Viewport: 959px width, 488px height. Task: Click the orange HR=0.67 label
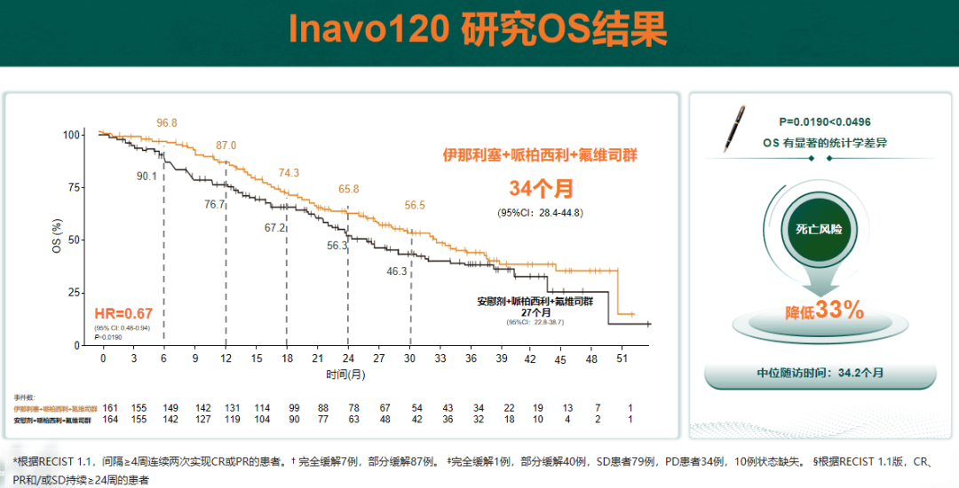124,312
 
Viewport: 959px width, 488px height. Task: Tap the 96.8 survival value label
167,122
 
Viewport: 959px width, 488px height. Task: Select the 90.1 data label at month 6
147,177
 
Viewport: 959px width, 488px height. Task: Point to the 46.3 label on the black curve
397,272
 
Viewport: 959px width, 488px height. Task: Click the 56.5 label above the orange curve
415,205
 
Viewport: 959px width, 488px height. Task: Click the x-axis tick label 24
347,358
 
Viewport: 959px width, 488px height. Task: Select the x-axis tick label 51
622,358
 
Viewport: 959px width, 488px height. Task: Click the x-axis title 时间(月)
345,374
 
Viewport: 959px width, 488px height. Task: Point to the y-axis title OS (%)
57,235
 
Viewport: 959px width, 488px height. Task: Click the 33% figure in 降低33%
839,310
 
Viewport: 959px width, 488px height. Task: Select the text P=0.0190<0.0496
825,122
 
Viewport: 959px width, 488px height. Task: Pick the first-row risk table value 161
110,407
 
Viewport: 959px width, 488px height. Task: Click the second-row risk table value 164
110,419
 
